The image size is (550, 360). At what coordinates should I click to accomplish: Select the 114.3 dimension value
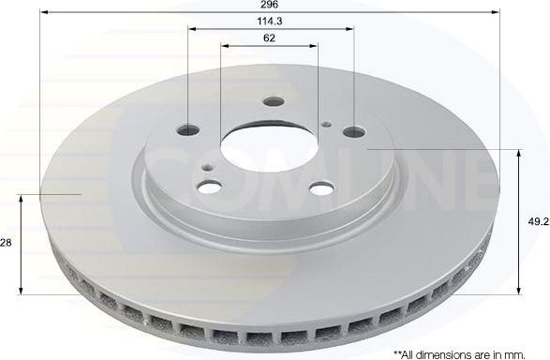point(270,21)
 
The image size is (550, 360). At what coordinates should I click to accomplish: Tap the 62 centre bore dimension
point(270,37)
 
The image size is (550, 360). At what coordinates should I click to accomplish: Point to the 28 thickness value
point(6,243)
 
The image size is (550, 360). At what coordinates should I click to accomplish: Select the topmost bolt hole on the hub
point(273,101)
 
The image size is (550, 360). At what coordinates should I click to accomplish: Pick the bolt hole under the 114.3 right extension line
point(352,132)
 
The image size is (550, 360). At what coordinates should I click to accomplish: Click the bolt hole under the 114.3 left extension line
point(188,128)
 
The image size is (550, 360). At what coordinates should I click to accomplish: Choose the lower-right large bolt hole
point(320,189)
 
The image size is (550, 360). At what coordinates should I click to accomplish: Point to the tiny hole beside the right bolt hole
point(325,124)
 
